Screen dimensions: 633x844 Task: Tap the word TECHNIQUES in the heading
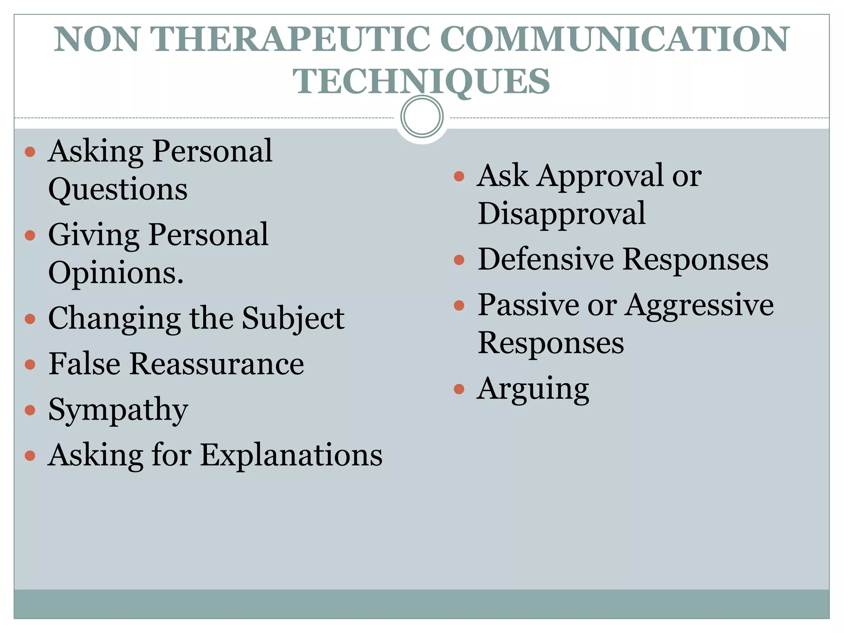pos(421,81)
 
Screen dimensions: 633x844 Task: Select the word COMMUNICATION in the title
pos(614,39)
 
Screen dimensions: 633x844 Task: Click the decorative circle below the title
pos(422,116)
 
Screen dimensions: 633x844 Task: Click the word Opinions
pos(116,273)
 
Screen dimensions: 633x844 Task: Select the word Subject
pos(293,319)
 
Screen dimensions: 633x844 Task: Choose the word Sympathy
pos(118,410)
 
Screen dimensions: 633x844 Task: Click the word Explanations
pos(291,455)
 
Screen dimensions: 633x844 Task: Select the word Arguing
pos(533,389)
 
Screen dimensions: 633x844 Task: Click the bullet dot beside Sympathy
pos(30,410)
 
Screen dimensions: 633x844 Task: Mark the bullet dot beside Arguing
pos(459,389)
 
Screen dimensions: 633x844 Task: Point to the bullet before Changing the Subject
pos(30,319)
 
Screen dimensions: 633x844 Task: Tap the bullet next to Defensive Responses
pos(459,260)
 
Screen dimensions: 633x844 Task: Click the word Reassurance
pos(217,364)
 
